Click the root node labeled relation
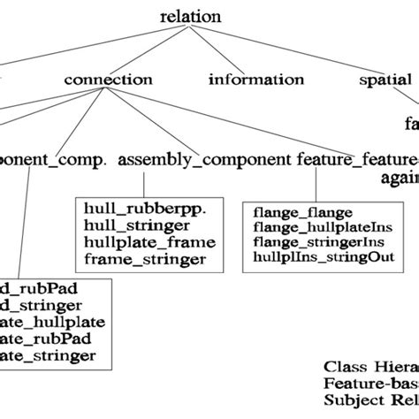(x=191, y=17)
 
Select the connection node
(x=107, y=80)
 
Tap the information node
(x=256, y=80)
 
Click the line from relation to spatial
(x=292, y=49)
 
